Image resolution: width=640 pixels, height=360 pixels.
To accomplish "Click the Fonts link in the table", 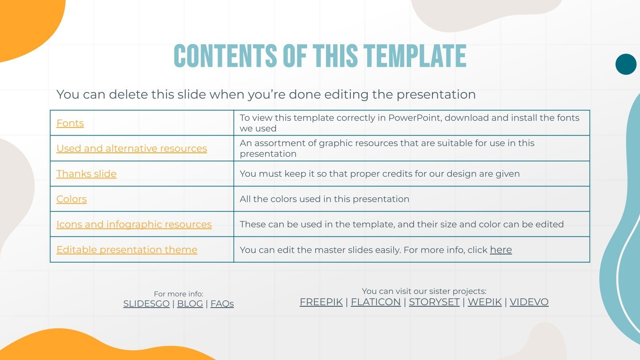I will pyautogui.click(x=70, y=123).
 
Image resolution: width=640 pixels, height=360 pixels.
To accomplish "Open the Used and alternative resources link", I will pyautogui.click(x=132, y=148).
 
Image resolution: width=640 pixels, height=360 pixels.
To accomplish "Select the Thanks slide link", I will pyautogui.click(x=86, y=174).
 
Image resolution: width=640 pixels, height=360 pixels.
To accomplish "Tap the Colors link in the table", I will pyautogui.click(x=72, y=199).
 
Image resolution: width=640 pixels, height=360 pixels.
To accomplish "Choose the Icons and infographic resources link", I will pyautogui.click(x=134, y=224).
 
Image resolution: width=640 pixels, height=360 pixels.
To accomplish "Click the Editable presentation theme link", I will pyautogui.click(x=127, y=250).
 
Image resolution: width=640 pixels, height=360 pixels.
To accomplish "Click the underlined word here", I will pyautogui.click(x=501, y=250).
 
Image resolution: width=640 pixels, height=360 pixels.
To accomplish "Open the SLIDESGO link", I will pyautogui.click(x=146, y=304).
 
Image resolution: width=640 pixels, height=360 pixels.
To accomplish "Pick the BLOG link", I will pyautogui.click(x=190, y=304).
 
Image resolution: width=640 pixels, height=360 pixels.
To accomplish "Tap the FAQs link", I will pyautogui.click(x=222, y=304).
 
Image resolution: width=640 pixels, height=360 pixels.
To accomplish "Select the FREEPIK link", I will pyautogui.click(x=321, y=302).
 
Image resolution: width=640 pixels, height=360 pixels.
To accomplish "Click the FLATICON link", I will pyautogui.click(x=376, y=302).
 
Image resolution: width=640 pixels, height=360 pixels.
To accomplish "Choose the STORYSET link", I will pyautogui.click(x=434, y=302).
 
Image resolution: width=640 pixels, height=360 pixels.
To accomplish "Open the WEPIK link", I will pyautogui.click(x=484, y=302).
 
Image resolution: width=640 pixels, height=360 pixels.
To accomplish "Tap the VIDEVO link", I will pyautogui.click(x=529, y=302).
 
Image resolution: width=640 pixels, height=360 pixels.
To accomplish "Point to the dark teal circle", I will pyautogui.click(x=626, y=64).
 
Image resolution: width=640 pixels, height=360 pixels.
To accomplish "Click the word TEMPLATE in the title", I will pyautogui.click(x=416, y=56).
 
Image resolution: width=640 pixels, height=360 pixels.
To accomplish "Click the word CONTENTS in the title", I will pyautogui.click(x=225, y=56).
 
